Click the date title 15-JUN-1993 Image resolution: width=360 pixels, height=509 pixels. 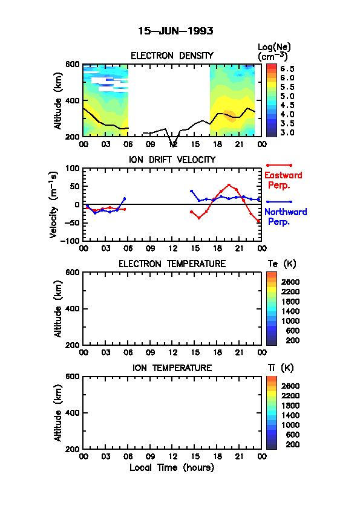coord(175,31)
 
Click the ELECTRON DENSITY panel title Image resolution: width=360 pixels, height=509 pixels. coord(172,56)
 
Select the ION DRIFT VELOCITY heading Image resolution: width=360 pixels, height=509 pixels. coord(172,160)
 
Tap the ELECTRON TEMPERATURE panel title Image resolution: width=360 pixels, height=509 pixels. coord(172,264)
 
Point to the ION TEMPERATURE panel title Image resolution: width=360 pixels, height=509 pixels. coord(172,368)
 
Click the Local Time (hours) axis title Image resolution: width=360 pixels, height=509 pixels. coord(172,467)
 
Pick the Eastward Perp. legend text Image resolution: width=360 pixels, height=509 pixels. coord(283,180)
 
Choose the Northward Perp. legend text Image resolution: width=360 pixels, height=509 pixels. coord(286,217)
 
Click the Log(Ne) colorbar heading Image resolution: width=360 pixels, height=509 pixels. coord(274,52)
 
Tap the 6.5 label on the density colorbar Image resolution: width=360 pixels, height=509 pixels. coord(287,69)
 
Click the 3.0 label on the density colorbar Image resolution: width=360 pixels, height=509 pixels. coord(287,132)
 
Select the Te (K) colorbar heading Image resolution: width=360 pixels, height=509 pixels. coord(282,264)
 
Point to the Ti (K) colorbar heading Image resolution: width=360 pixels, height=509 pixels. coord(281,368)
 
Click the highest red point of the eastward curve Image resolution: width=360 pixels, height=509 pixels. coord(229,185)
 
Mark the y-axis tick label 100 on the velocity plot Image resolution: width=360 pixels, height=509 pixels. coord(72,168)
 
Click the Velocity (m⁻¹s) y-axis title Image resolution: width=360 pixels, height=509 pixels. coord(54,204)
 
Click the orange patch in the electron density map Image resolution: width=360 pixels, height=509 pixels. coord(230,116)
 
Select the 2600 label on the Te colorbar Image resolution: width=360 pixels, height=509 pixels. coord(290,282)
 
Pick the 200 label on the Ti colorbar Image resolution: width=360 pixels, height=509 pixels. coord(292,444)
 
